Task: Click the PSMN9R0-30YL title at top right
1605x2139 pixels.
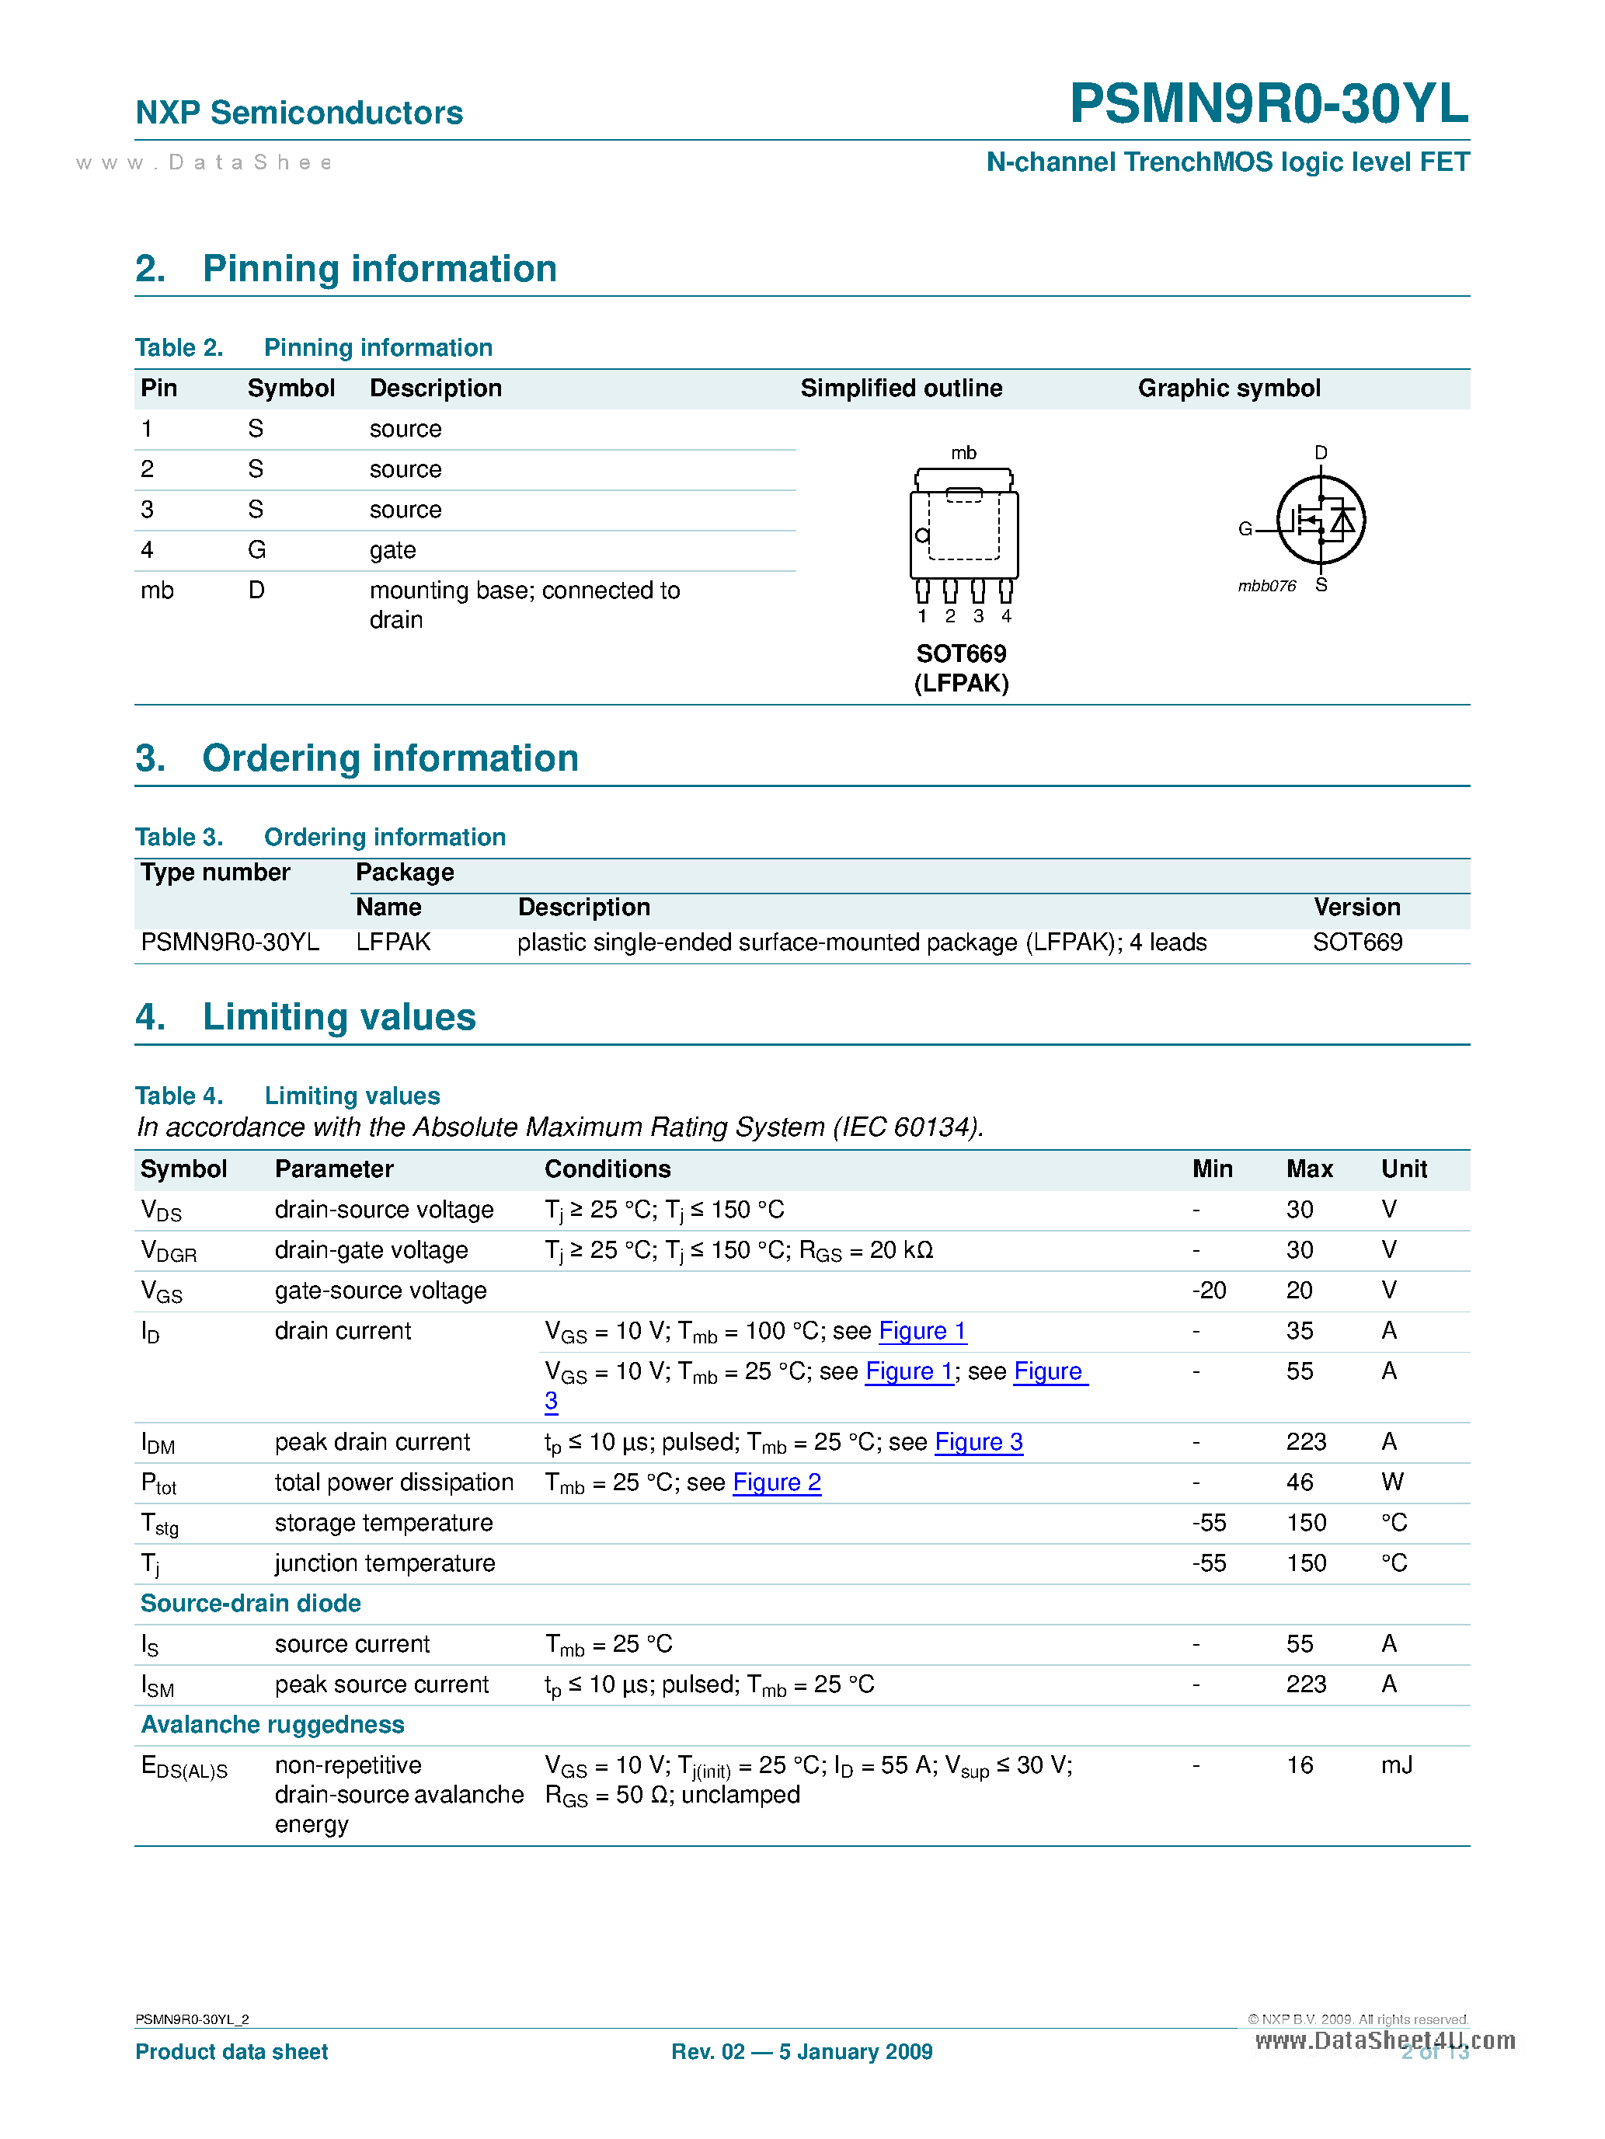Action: (x=1268, y=103)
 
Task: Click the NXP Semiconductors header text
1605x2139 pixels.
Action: (x=299, y=113)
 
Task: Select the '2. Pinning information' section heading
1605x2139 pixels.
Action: (x=346, y=269)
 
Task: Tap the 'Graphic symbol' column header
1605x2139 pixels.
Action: (x=1228, y=388)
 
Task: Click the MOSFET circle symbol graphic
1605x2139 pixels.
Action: (x=1320, y=521)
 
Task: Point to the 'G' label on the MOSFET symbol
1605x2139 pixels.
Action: (x=1245, y=529)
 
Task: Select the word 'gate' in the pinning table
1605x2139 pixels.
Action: (x=392, y=550)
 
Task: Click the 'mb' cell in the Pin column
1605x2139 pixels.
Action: (x=157, y=590)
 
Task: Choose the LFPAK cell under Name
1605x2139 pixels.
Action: (x=392, y=942)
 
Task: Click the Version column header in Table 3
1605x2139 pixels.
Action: (x=1356, y=907)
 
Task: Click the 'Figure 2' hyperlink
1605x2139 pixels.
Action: (x=776, y=1482)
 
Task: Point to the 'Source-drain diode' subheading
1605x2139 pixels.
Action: (x=250, y=1604)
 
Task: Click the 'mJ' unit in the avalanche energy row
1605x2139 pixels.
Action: (x=1395, y=1766)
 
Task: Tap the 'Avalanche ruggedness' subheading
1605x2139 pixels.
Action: (x=273, y=1725)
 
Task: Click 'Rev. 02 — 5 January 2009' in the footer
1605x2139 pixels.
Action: (x=802, y=2052)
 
